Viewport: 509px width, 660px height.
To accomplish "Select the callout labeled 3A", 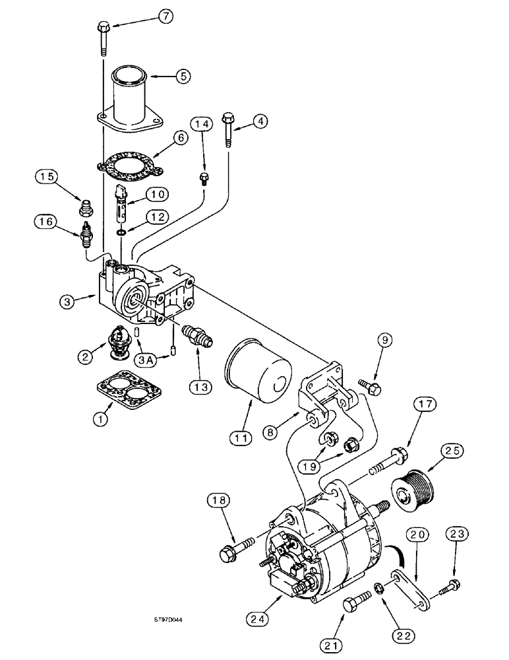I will click(147, 360).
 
